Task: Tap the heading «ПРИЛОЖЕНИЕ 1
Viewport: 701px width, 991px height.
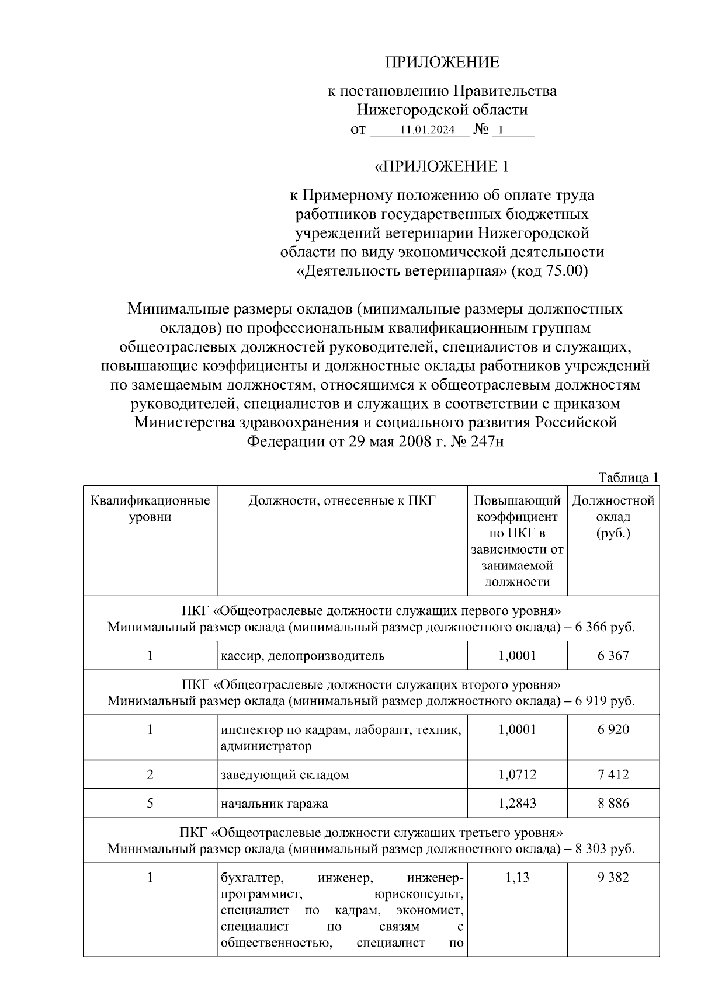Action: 442,167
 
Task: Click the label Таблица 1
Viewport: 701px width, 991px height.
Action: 628,477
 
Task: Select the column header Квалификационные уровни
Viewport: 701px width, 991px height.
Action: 150,509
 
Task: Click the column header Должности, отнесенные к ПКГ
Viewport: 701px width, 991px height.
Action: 342,500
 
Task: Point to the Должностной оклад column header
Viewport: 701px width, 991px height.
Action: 613,517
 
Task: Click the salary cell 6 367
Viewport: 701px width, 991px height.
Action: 613,655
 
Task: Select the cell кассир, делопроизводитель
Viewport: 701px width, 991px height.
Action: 303,655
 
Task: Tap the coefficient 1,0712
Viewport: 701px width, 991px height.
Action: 517,774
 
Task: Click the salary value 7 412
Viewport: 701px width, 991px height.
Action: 613,774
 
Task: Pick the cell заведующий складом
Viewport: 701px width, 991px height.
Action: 285,775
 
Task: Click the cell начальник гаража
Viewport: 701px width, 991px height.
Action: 275,804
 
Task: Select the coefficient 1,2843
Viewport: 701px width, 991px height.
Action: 517,803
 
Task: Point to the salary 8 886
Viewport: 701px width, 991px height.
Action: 613,803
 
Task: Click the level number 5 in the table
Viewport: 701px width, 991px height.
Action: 150,803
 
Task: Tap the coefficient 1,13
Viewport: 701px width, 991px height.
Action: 517,877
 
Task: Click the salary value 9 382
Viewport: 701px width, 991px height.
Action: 613,877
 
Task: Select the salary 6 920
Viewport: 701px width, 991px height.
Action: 613,729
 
